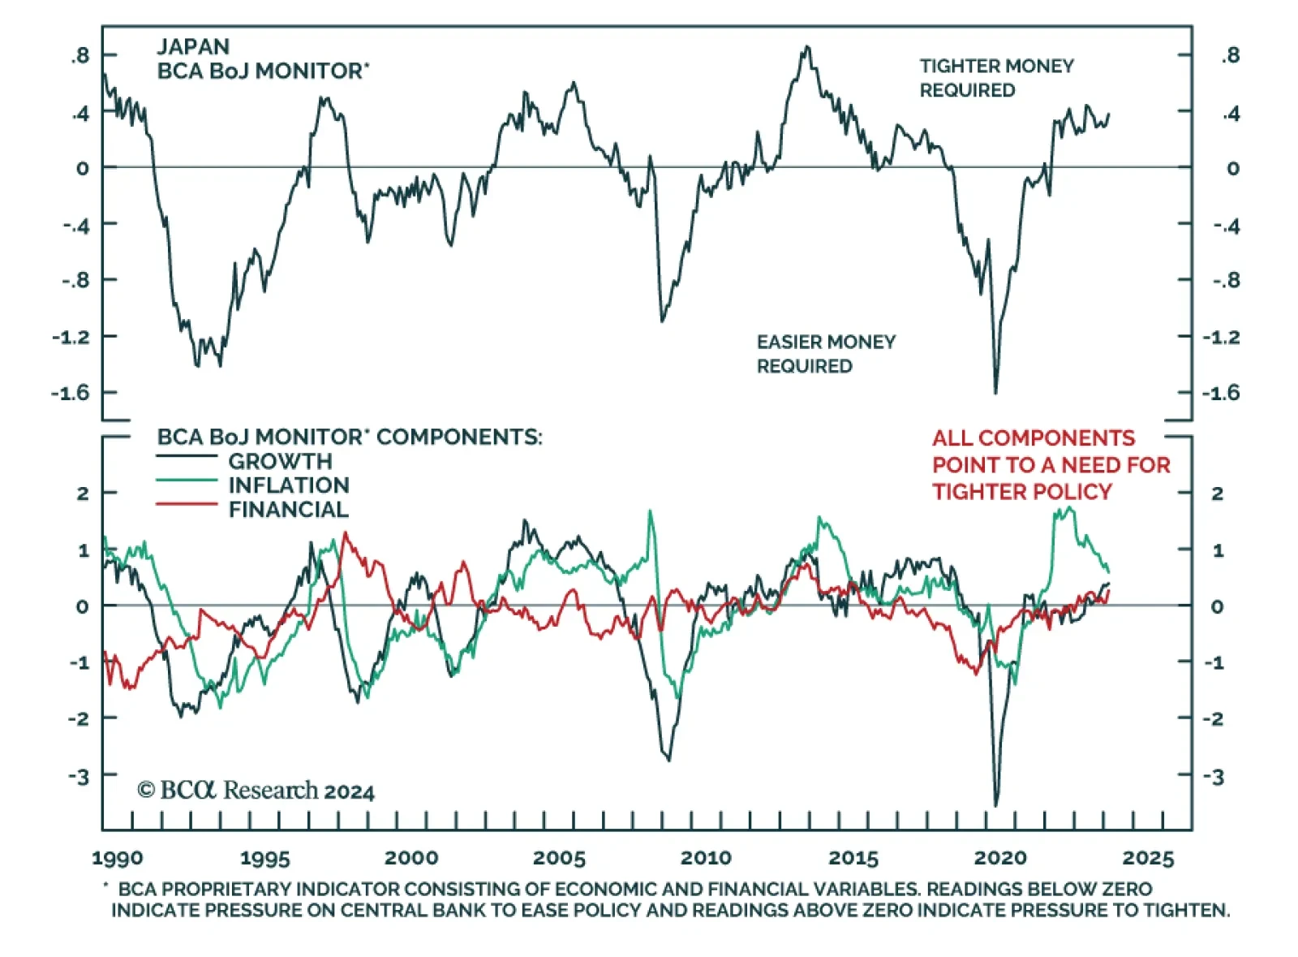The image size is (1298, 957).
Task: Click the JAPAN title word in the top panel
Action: [193, 46]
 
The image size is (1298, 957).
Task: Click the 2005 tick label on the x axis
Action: [559, 858]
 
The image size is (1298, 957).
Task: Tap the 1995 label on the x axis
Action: [264, 858]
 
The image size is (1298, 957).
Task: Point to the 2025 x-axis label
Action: [1148, 858]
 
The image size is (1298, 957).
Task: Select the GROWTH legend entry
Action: [280, 461]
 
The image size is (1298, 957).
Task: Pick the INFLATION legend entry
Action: [288, 485]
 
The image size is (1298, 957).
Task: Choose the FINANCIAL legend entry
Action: [288, 510]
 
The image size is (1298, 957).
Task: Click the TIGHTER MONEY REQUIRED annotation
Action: [996, 78]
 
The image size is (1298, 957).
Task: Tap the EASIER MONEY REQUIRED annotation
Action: [826, 354]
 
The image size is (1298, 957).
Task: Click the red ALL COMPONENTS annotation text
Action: [1051, 464]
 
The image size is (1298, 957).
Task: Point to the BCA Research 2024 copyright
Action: [256, 791]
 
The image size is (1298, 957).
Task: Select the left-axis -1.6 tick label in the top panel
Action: [71, 393]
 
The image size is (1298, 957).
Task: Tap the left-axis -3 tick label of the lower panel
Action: [79, 776]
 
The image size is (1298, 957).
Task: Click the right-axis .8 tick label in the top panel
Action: [1231, 56]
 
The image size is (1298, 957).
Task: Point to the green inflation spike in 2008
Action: [650, 511]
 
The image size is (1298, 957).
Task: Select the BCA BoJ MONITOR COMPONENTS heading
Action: [349, 437]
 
